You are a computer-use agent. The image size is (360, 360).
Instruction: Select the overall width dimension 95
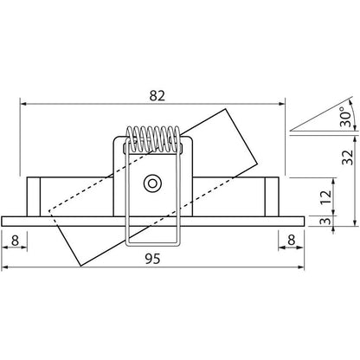click(x=155, y=257)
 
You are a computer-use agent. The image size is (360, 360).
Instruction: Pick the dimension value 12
click(x=322, y=196)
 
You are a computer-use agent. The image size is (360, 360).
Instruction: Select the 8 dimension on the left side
click(x=16, y=239)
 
